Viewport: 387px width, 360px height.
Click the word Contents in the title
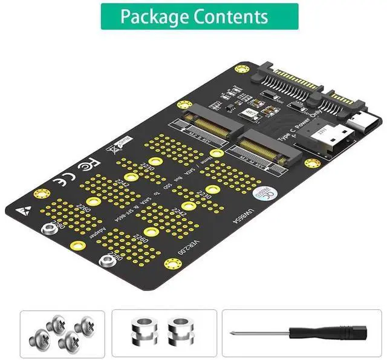(x=231, y=16)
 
